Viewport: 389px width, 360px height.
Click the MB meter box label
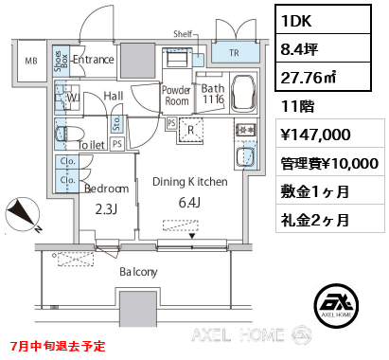[x=31, y=61]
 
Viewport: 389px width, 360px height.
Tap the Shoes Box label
[x=61, y=61]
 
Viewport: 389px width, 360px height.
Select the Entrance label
[x=94, y=60]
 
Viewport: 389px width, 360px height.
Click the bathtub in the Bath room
[x=243, y=93]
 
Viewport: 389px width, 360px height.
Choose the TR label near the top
[x=234, y=53]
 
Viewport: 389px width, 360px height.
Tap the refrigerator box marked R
[x=191, y=130]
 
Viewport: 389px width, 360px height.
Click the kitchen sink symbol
[x=245, y=157]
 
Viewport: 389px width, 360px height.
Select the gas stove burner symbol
[x=245, y=130]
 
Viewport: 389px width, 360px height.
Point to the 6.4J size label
[x=189, y=203]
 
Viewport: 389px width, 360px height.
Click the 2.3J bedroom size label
[x=106, y=209]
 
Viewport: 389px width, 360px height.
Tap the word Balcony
[x=138, y=272]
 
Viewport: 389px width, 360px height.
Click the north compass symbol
[x=23, y=214]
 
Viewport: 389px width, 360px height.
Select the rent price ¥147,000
[x=315, y=135]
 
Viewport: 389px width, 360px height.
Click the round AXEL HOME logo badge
[x=336, y=305]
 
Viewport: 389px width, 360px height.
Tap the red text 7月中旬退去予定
[x=58, y=346]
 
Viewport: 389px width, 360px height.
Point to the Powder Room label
[x=176, y=96]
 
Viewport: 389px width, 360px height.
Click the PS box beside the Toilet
[x=117, y=144]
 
